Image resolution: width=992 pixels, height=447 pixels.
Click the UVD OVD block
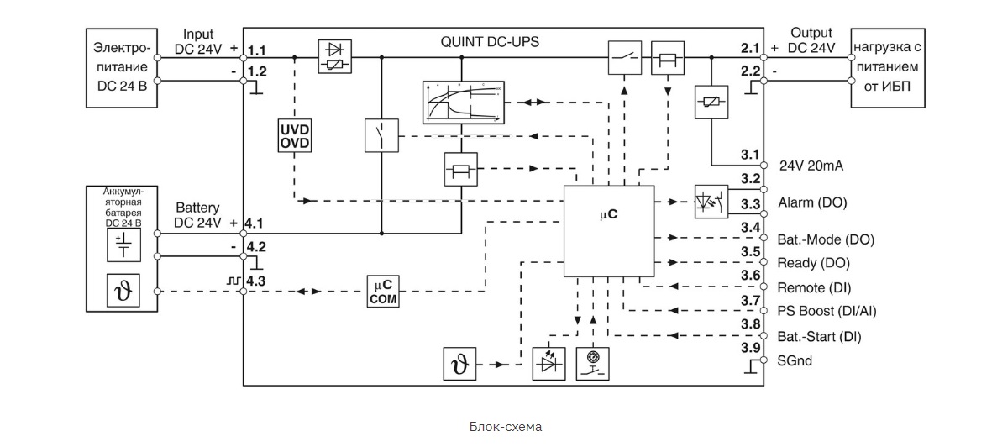pos(295,135)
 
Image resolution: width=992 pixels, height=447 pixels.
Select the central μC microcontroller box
pos(609,230)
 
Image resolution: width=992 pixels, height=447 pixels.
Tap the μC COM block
pos(383,292)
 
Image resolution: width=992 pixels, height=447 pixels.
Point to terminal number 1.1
pos(257,50)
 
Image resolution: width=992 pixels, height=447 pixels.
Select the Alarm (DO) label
pos(811,202)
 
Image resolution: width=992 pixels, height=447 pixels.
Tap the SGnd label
pos(795,361)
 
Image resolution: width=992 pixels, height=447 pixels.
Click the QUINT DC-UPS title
pos(491,42)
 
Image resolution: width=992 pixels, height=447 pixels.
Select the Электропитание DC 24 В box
pos(122,67)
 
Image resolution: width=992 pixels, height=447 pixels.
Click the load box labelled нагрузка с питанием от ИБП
pos(888,67)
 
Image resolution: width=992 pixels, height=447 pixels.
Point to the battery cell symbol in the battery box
pos(122,245)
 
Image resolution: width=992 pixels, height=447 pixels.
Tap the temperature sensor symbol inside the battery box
pos(122,292)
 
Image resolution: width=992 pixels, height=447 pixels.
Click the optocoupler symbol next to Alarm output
pos(711,202)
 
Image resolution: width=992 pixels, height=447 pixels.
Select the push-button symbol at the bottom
pos(593,364)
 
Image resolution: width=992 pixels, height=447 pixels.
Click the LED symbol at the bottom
pos(548,364)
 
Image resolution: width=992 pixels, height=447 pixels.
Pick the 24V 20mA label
pos(811,166)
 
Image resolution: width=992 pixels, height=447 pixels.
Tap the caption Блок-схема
pos(506,427)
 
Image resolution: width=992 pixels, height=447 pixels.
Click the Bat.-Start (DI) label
pos(819,337)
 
